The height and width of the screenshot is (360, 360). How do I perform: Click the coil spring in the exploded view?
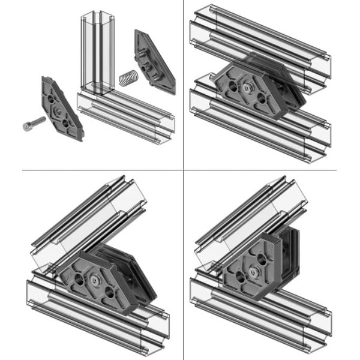point(127,79)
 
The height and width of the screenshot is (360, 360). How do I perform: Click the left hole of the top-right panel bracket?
point(230,85)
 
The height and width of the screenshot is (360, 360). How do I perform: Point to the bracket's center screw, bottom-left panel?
point(95,280)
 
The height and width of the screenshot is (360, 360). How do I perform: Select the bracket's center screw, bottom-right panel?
point(253,273)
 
